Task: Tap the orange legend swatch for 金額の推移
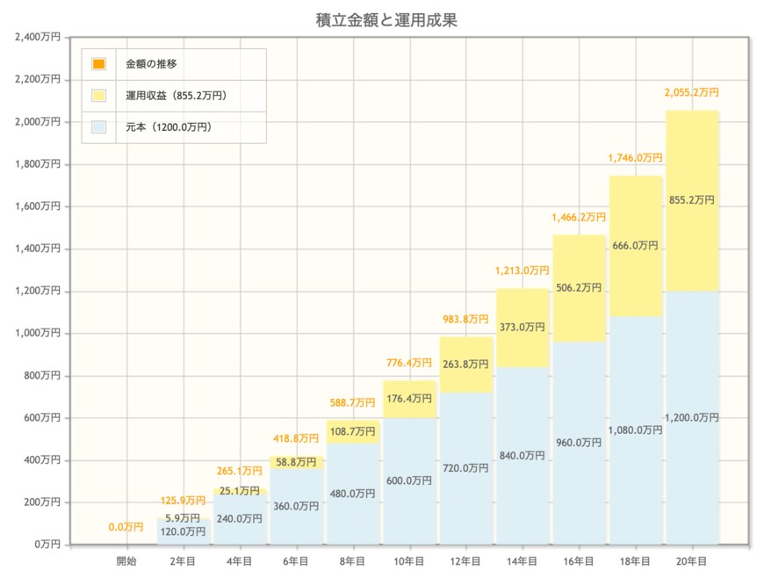tap(98, 63)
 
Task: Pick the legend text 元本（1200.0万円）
tap(169, 126)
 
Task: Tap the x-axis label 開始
tap(126, 560)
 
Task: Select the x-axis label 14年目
tap(523, 560)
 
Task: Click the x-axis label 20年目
tap(692, 560)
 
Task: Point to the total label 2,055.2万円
tap(692, 92)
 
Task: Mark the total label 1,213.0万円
tap(523, 271)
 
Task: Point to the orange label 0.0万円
tap(126, 527)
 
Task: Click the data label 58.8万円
tap(297, 462)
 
